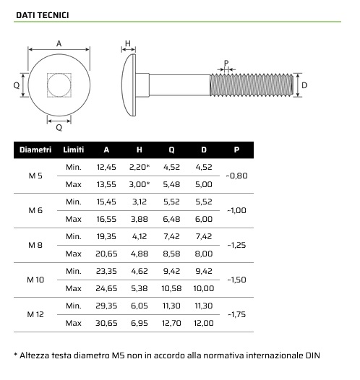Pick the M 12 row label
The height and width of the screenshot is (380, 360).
tap(35, 314)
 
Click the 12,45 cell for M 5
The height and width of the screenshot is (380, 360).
tap(106, 167)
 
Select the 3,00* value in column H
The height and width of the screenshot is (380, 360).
tap(139, 184)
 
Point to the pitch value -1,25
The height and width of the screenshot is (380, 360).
tap(236, 245)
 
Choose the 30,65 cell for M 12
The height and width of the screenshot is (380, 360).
tap(106, 323)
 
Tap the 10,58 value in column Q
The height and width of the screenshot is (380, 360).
tap(171, 288)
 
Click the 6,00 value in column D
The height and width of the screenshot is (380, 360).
tap(204, 219)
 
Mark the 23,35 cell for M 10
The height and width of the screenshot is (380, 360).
tap(106, 271)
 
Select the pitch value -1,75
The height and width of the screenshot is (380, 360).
tap(236, 314)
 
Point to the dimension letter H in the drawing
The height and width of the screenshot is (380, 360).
tap(127, 44)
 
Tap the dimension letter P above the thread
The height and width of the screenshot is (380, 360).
tap(226, 64)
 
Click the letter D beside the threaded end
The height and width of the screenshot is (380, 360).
tap(304, 85)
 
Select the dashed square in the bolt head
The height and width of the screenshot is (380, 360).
tap(59, 86)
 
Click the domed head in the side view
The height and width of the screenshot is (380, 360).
tap(129, 85)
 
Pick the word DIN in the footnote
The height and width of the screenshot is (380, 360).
tap(310, 355)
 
